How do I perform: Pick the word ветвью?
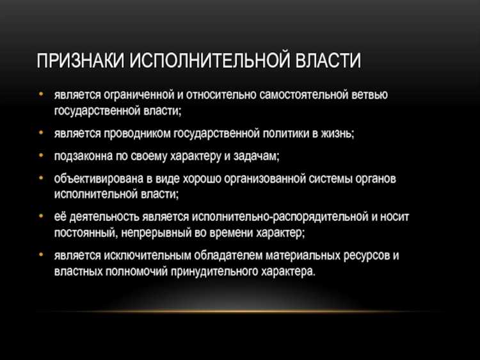371,95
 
